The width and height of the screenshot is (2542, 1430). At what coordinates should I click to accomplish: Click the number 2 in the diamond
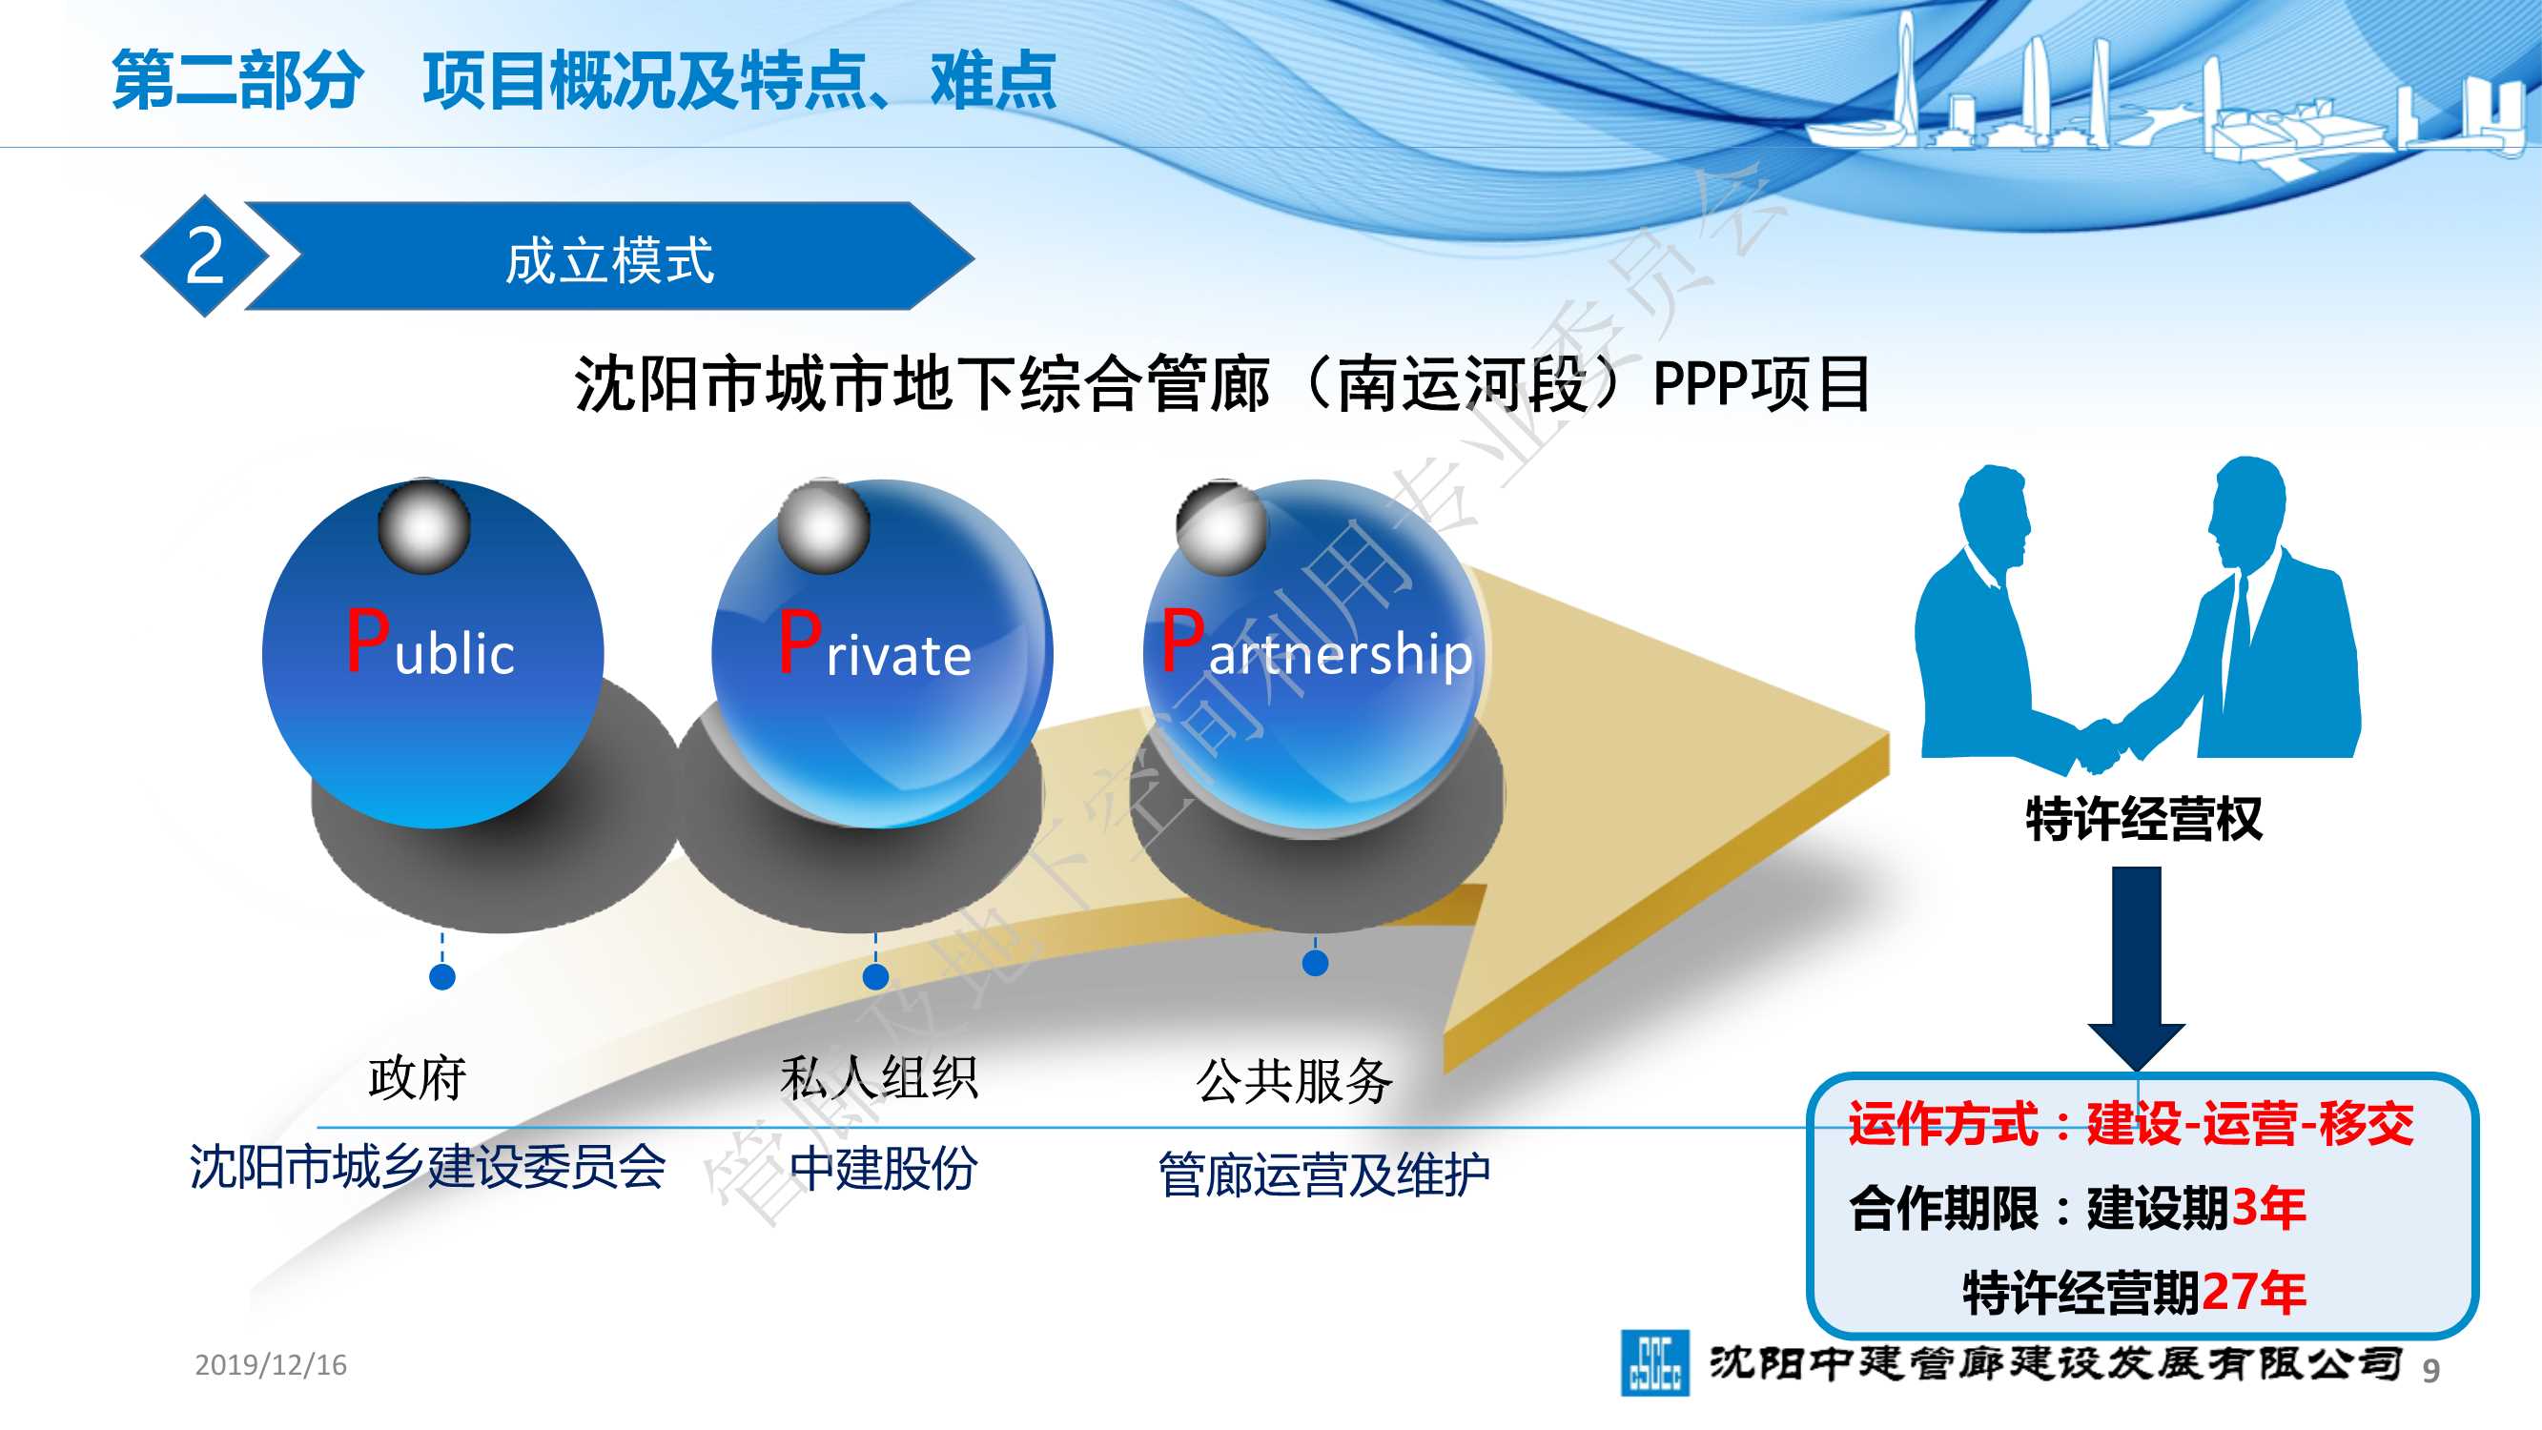click(x=205, y=255)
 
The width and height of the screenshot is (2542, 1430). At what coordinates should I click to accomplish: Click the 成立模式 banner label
click(x=609, y=260)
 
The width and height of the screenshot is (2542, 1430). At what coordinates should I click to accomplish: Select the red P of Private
click(x=799, y=642)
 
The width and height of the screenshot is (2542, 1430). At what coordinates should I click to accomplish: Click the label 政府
click(x=418, y=1077)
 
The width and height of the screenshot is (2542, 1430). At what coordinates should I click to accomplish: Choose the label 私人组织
click(x=878, y=1077)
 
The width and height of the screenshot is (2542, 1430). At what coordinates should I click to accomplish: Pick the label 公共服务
click(x=1294, y=1081)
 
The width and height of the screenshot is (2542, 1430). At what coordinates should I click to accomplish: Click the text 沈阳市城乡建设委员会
click(x=427, y=1167)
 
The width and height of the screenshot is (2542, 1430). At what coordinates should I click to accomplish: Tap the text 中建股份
click(x=883, y=1169)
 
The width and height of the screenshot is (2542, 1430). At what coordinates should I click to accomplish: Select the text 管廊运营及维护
click(x=1323, y=1175)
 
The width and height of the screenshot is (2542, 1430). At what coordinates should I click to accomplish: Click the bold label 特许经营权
click(x=2143, y=818)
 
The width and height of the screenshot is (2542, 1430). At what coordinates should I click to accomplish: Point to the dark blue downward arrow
click(x=2137, y=967)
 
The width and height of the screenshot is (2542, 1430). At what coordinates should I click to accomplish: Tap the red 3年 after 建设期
click(x=2268, y=1207)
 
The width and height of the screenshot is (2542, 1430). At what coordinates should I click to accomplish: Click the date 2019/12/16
click(x=271, y=1365)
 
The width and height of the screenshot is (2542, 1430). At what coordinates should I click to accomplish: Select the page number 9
click(x=2431, y=1370)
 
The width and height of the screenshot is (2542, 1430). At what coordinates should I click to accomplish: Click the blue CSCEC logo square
click(x=1655, y=1363)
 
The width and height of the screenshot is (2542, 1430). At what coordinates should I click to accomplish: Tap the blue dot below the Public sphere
click(x=442, y=977)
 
